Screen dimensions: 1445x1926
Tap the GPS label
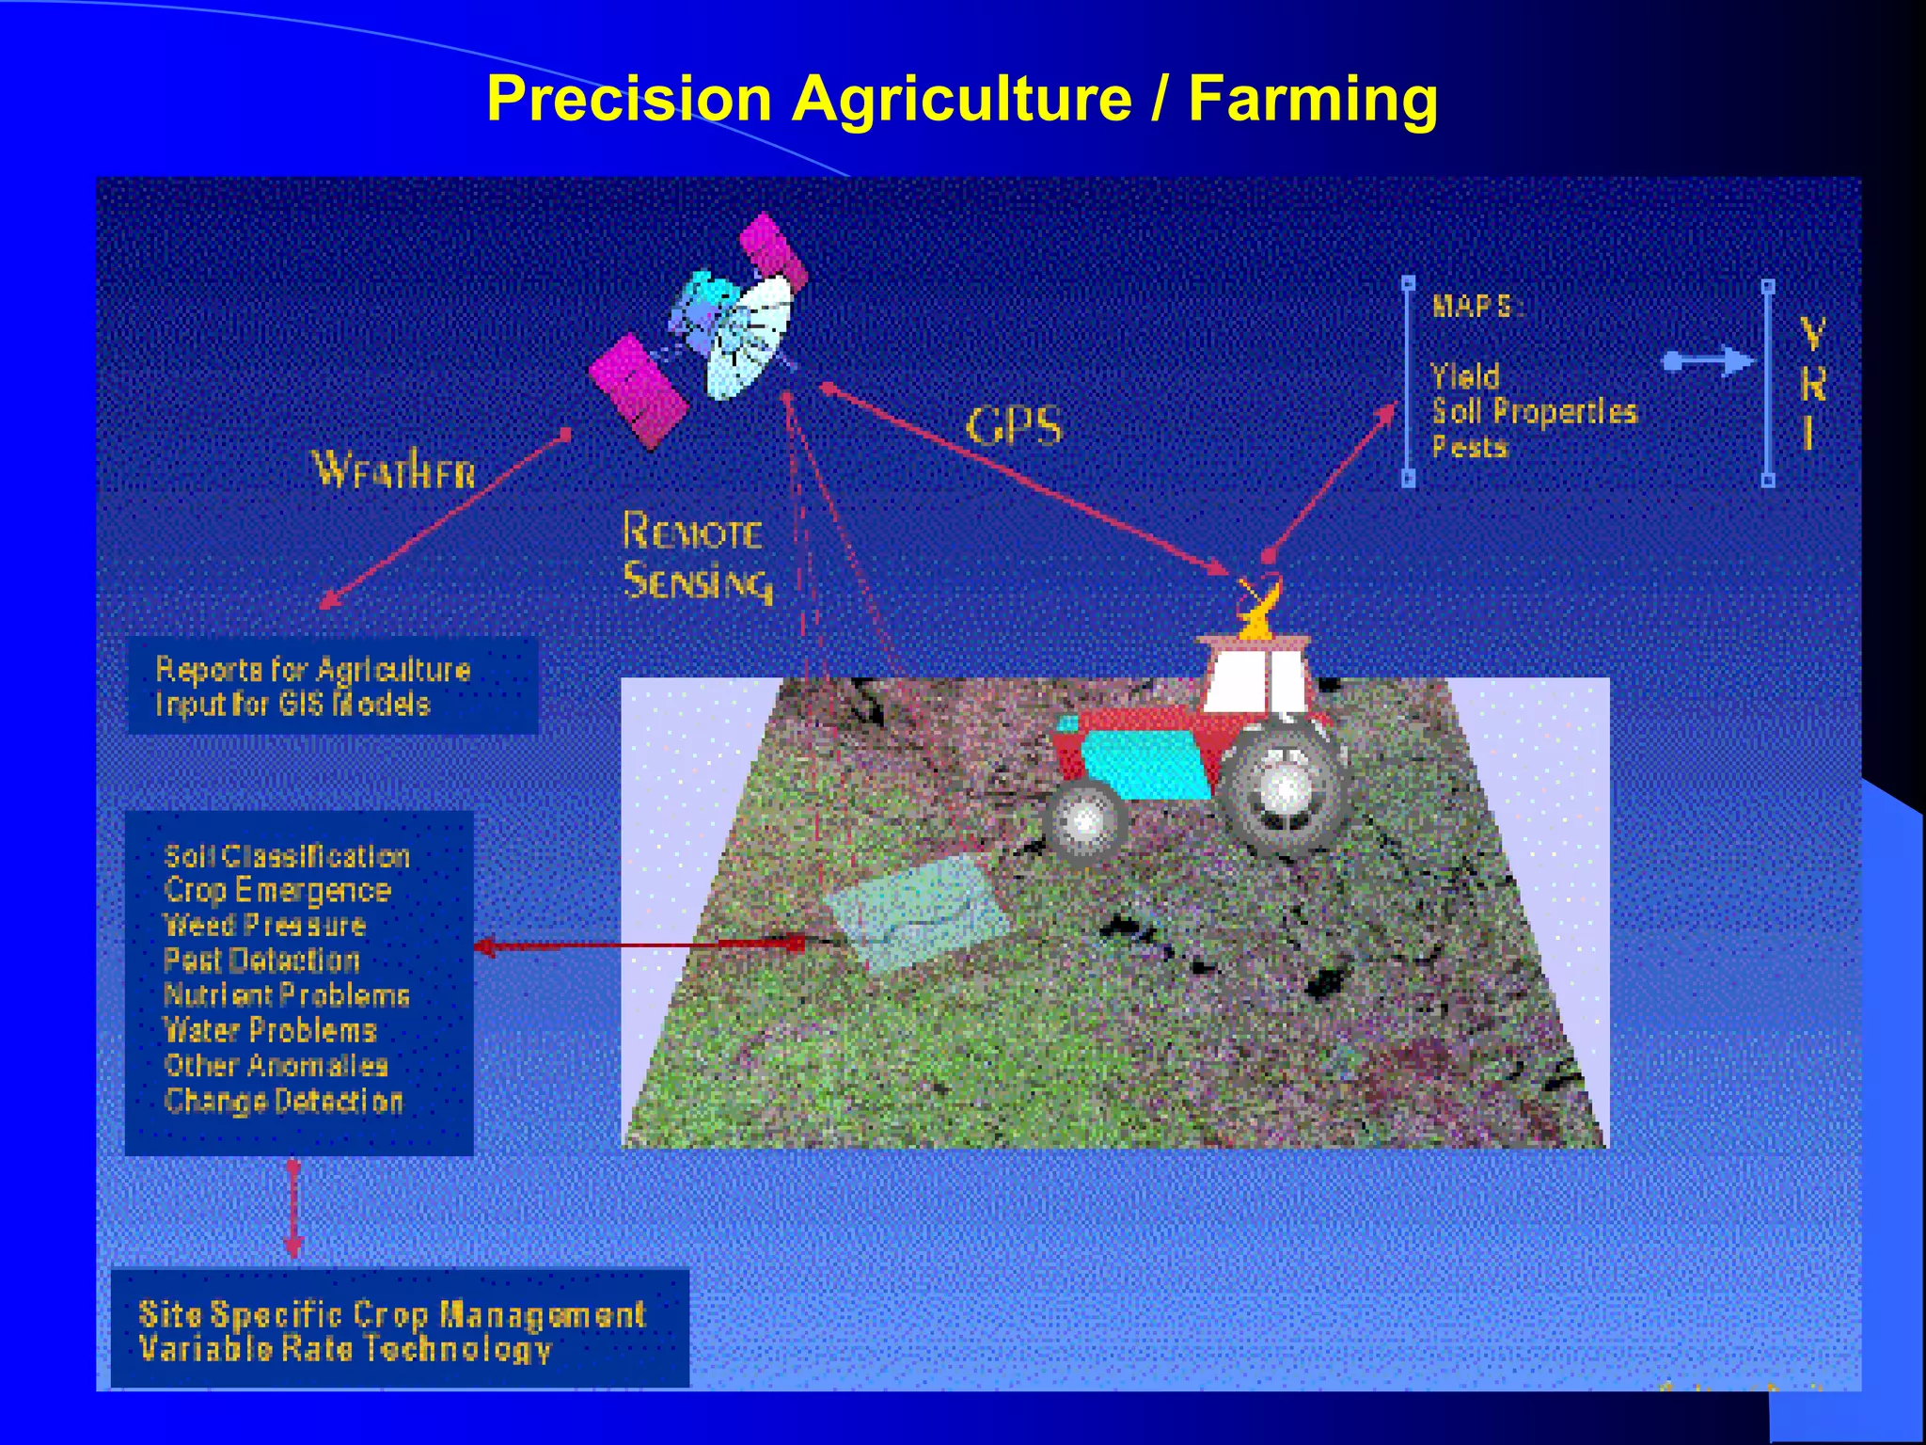(x=1014, y=426)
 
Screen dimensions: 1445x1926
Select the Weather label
(x=394, y=468)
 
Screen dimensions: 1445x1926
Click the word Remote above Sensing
(x=692, y=532)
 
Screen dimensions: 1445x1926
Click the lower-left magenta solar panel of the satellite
(x=638, y=390)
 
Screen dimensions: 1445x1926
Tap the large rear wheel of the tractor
(x=1284, y=788)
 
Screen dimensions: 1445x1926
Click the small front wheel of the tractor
(x=1085, y=821)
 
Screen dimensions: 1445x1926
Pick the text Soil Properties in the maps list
(x=1534, y=411)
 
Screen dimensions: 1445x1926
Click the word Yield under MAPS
(x=1465, y=376)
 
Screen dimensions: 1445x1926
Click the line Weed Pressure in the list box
(x=264, y=926)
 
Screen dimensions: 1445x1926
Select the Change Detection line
(x=283, y=1101)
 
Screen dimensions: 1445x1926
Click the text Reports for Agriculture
(x=312, y=670)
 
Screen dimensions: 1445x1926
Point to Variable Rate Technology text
(x=344, y=1349)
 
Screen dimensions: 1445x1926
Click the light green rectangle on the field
(x=915, y=913)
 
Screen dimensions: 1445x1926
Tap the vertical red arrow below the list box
(x=293, y=1209)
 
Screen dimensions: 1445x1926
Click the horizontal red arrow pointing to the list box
(x=639, y=945)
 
